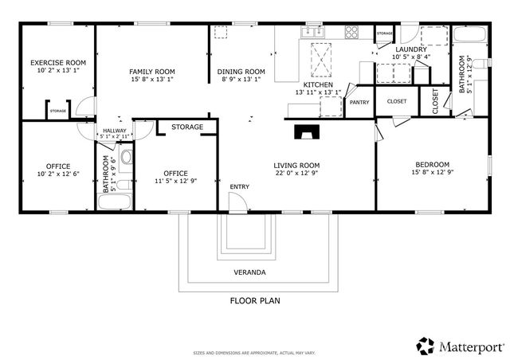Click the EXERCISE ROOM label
[x=57, y=62]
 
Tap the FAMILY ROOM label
[x=152, y=72]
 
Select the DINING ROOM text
[x=241, y=72]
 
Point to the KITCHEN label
[x=317, y=84]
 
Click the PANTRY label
[x=359, y=102]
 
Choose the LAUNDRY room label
[x=412, y=49]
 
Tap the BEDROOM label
[x=432, y=163]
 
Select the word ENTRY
[x=239, y=186]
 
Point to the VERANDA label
[x=249, y=272]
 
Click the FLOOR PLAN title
[x=255, y=301]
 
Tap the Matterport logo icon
[x=425, y=346]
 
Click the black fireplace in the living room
[x=305, y=131]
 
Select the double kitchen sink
[x=312, y=32]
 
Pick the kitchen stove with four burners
[x=351, y=32]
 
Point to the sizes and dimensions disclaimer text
[x=255, y=352]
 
